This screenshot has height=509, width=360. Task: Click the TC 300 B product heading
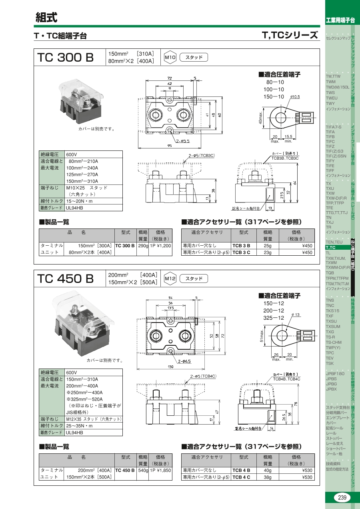pyautogui.click(x=66, y=57)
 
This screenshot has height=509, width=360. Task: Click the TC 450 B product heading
pyautogui.click(x=66, y=279)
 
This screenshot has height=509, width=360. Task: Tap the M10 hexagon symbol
pyautogui.click(x=170, y=57)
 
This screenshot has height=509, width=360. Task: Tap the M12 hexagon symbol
pyautogui.click(x=170, y=279)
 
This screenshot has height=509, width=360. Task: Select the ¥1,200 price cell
pyautogui.click(x=160, y=246)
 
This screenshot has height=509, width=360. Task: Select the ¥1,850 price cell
pyautogui.click(x=160, y=470)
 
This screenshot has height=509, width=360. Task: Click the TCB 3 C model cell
pyautogui.click(x=241, y=252)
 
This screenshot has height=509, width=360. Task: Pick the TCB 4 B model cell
pyautogui.click(x=241, y=470)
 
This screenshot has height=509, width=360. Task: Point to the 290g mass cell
pyautogui.click(x=143, y=246)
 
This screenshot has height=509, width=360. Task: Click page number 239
pyautogui.click(x=342, y=498)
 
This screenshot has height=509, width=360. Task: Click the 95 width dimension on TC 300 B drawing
pyautogui.click(x=170, y=146)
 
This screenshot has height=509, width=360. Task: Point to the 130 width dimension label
pyautogui.click(x=170, y=367)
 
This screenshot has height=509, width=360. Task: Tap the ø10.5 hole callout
pyautogui.click(x=295, y=97)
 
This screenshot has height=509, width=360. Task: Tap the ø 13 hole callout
pyautogui.click(x=296, y=315)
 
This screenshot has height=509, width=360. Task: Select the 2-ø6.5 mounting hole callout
pyautogui.click(x=184, y=361)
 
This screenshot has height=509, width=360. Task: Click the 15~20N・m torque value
pyautogui.click(x=79, y=201)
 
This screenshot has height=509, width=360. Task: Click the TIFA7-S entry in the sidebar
pyautogui.click(x=334, y=127)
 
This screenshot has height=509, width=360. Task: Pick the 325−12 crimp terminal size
pyautogui.click(x=274, y=318)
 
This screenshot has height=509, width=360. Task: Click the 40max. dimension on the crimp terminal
pyautogui.click(x=260, y=117)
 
